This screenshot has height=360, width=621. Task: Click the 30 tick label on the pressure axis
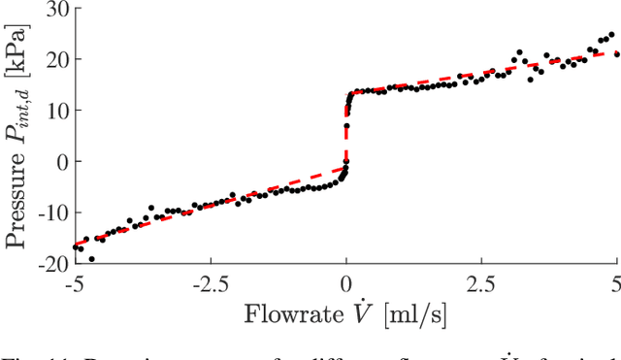pyautogui.click(x=56, y=10)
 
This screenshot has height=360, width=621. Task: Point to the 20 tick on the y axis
pyautogui.click(x=56, y=60)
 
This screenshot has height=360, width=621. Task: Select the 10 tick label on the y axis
pyautogui.click(x=56, y=111)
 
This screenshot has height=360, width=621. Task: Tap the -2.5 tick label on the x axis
pyautogui.click(x=211, y=283)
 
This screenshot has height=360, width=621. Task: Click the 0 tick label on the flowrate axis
pyautogui.click(x=346, y=283)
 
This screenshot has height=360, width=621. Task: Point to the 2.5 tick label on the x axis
pyautogui.click(x=482, y=283)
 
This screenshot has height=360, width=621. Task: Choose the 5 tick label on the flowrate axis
pyautogui.click(x=615, y=283)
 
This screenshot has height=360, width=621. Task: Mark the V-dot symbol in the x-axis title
pyautogui.click(x=366, y=312)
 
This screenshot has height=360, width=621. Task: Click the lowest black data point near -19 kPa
pyautogui.click(x=92, y=259)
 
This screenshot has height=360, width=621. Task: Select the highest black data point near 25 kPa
pyautogui.click(x=610, y=35)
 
